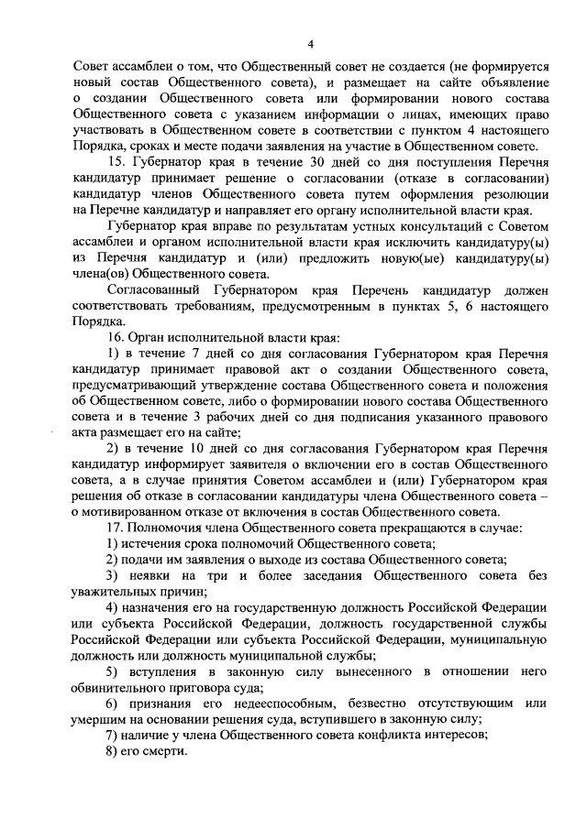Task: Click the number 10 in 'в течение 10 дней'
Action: click(x=194, y=449)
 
